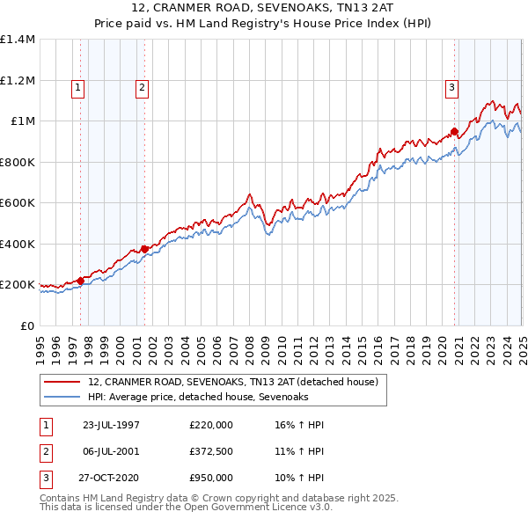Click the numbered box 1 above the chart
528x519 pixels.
click(79, 87)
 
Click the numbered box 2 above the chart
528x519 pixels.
click(142, 87)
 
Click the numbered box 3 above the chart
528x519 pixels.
click(451, 87)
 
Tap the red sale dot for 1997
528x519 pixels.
click(80, 281)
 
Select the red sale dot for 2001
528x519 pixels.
click(144, 249)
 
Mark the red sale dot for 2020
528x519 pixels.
click(455, 133)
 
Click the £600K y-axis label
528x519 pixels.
click(18, 203)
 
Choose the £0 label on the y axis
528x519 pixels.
click(26, 325)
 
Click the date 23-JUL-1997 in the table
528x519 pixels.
click(111, 426)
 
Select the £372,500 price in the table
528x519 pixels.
click(211, 452)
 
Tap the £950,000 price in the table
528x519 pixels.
click(211, 479)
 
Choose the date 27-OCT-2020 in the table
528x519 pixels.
click(111, 479)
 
